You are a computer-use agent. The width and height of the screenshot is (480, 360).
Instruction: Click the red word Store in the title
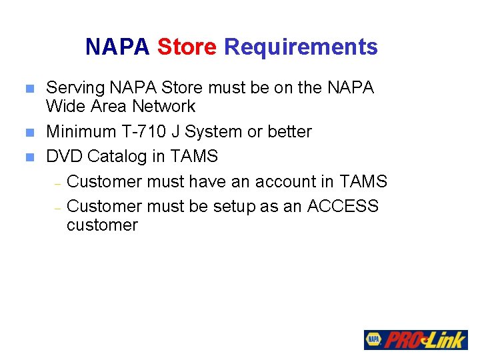187,47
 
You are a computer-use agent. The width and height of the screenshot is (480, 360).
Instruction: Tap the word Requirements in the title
301,47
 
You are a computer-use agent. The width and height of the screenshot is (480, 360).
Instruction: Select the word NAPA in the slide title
118,47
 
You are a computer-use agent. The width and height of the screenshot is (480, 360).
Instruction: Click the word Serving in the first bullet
74,88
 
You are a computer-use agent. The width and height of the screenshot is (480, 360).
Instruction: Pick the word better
288,132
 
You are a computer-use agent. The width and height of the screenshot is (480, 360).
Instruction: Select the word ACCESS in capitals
343,207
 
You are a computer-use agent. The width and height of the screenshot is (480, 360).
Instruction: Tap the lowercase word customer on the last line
102,225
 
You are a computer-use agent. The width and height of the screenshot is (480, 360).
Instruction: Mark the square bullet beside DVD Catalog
29,157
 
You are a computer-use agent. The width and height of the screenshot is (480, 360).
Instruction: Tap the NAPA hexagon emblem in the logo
373,339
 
